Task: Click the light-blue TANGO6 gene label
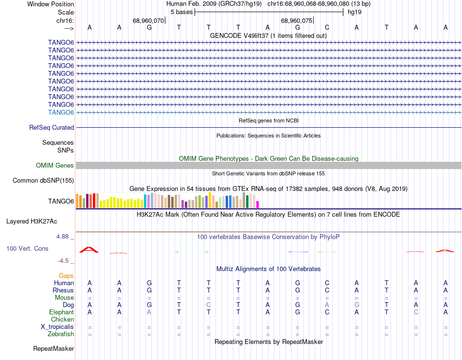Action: [61, 112]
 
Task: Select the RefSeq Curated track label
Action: [52, 127]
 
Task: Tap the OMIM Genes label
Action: [55, 166]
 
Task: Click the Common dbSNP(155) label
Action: [43, 181]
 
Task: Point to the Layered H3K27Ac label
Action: [32, 221]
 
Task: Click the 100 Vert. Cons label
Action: [27, 248]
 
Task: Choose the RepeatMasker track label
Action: [53, 348]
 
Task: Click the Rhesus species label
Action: [63, 290]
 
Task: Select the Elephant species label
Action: [62, 312]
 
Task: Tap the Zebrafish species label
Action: [61, 334]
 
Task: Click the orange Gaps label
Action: [66, 275]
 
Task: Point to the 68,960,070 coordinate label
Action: [148, 21]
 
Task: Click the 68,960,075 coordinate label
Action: [297, 21]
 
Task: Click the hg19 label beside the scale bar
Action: [354, 13]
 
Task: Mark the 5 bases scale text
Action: [181, 13]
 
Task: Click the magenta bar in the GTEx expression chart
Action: [258, 204]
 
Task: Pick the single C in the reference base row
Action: [327, 27]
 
